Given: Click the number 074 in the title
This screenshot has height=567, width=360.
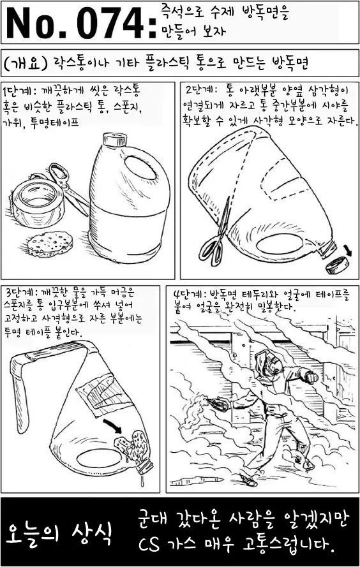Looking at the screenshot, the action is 110,22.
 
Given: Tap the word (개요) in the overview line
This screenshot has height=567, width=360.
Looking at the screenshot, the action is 26,63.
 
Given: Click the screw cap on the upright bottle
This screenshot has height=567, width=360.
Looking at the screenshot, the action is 115,139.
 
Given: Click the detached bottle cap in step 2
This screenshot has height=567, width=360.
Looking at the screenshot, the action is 338,265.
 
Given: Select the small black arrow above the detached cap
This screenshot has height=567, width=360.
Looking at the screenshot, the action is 347,249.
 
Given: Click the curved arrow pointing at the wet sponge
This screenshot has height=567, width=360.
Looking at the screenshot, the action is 113,425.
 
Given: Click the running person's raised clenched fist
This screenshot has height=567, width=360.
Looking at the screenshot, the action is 310,377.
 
